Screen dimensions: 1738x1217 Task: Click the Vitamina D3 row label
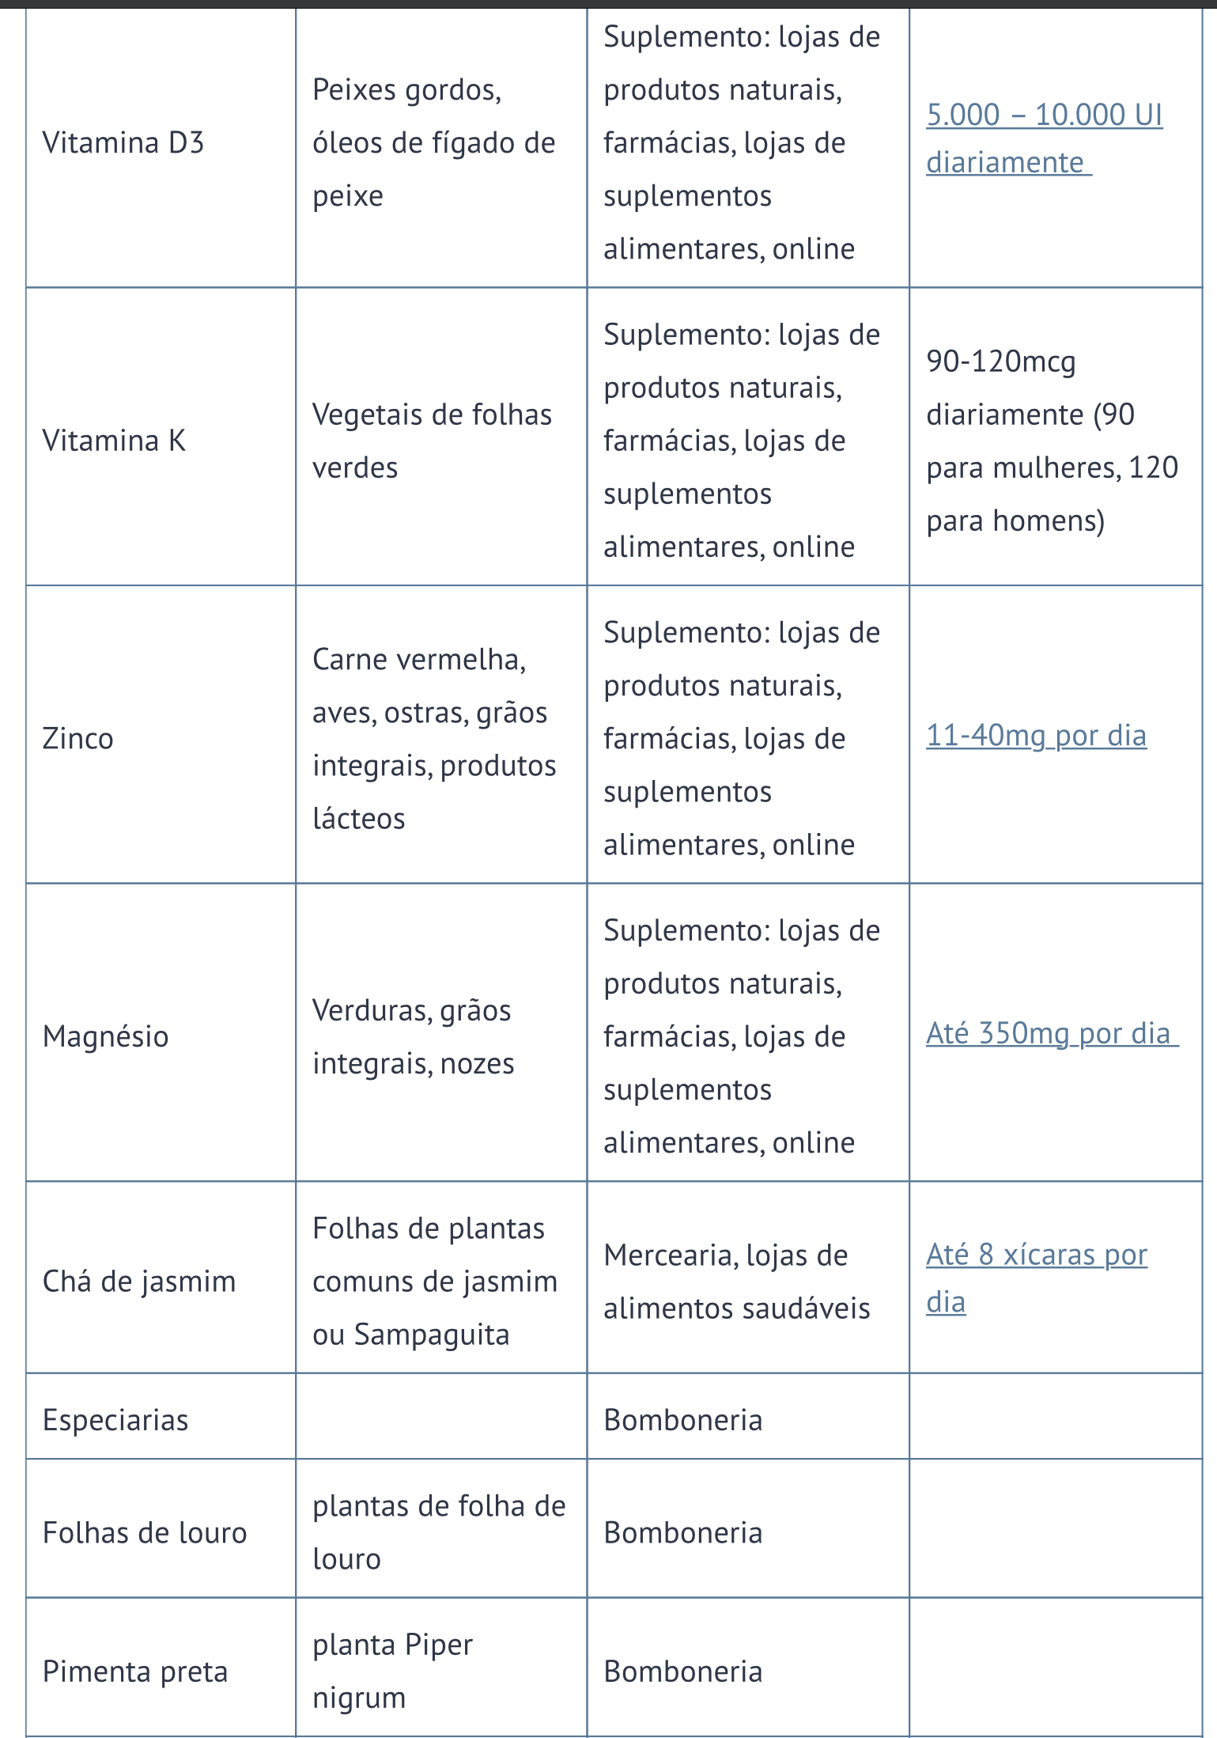(x=123, y=143)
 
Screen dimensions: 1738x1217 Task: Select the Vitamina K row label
(x=114, y=441)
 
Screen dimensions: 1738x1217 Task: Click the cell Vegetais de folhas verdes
(x=432, y=441)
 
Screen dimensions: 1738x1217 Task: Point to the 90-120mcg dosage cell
(x=1052, y=441)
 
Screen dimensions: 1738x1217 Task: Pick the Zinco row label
(x=77, y=739)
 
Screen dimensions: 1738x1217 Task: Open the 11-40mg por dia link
(x=1036, y=736)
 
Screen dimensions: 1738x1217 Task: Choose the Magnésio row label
(x=105, y=1037)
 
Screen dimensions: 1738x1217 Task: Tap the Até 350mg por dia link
(x=1048, y=1034)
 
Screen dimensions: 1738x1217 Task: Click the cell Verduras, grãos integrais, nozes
(x=412, y=1037)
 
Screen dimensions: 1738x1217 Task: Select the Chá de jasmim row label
(x=139, y=1282)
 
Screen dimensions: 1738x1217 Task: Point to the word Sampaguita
(x=432, y=1335)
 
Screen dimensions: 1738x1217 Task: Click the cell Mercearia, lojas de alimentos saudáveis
(x=736, y=1282)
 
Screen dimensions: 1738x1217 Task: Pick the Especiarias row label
(x=115, y=1421)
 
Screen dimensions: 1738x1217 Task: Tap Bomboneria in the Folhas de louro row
(x=682, y=1533)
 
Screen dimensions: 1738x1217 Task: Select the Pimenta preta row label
(x=135, y=1672)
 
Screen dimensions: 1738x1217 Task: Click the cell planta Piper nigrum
(x=392, y=1671)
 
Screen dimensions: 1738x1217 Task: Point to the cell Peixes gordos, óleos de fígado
(x=433, y=143)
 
